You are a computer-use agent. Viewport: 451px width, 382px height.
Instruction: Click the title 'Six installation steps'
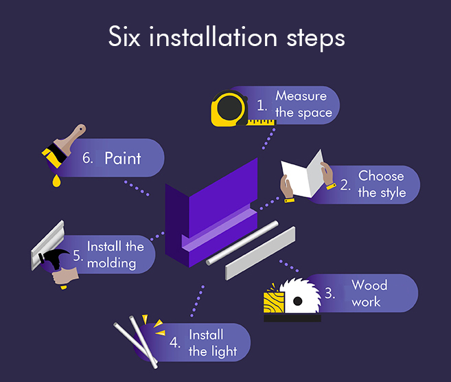[226, 37]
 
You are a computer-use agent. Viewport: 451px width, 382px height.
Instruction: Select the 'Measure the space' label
[301, 104]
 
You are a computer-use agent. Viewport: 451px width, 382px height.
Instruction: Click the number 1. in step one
[262, 105]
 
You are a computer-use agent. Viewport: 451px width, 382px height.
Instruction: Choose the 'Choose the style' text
[381, 184]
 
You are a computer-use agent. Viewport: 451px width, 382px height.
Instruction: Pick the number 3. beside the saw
[330, 294]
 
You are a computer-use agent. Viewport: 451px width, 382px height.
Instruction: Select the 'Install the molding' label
[115, 254]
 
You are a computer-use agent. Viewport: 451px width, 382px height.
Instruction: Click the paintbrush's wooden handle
[72, 137]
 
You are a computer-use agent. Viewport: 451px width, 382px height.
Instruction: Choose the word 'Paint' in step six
[122, 158]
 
